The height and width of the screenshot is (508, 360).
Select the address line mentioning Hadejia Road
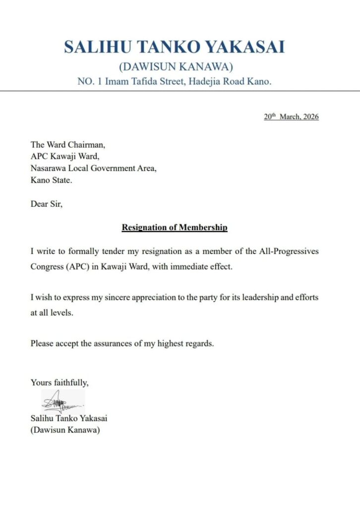tap(175, 81)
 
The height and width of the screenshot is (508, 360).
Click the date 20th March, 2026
tap(291, 117)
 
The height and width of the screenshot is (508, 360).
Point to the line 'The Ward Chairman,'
tap(68, 145)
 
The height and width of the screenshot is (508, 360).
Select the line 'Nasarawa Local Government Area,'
tap(94, 168)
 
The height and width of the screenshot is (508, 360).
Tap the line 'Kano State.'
tap(51, 180)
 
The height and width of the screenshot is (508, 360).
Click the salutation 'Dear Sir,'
tap(47, 204)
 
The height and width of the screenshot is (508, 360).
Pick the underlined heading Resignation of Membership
tap(175, 228)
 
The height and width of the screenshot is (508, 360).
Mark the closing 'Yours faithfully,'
tap(60, 382)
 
